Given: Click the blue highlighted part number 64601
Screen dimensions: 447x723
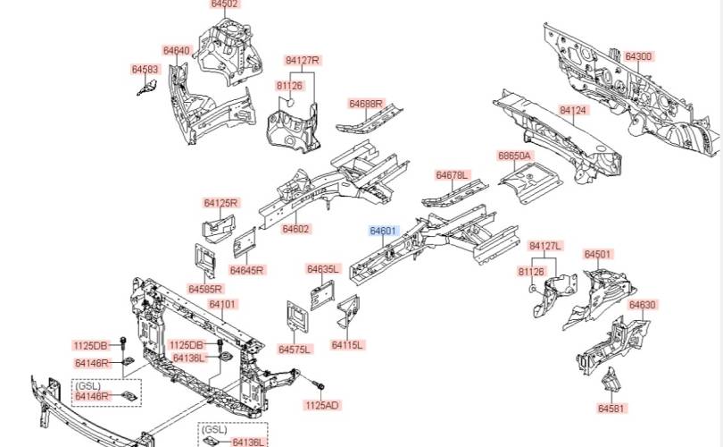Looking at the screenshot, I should pyautogui.click(x=383, y=231).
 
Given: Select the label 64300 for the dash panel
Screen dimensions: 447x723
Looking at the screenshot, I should pyautogui.click(x=638, y=56).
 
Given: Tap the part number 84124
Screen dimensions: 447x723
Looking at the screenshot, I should pyautogui.click(x=573, y=110).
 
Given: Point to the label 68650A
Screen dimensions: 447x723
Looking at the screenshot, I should pyautogui.click(x=514, y=156).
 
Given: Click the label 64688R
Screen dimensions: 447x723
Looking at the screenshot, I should pyautogui.click(x=366, y=104).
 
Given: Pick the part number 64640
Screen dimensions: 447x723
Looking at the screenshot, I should pyautogui.click(x=176, y=51).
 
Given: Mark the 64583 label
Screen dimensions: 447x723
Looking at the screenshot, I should pyautogui.click(x=145, y=69).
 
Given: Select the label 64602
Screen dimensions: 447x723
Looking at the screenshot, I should pyautogui.click(x=295, y=229).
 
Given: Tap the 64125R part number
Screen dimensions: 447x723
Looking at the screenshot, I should pyautogui.click(x=220, y=203).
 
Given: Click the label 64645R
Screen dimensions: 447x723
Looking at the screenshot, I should pyautogui.click(x=246, y=270).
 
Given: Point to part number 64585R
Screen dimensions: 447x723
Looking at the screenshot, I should pyautogui.click(x=205, y=289).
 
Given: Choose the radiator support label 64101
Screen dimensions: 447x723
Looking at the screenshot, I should pyautogui.click(x=222, y=305).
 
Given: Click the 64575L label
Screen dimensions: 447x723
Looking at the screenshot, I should pyautogui.click(x=295, y=349).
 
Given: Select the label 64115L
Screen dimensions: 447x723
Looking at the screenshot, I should pyautogui.click(x=348, y=345).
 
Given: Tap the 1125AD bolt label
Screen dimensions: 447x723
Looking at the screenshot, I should pyautogui.click(x=322, y=405).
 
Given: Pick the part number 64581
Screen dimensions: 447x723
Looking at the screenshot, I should pyautogui.click(x=611, y=408).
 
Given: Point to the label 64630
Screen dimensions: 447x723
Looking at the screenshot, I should pyautogui.click(x=642, y=305).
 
